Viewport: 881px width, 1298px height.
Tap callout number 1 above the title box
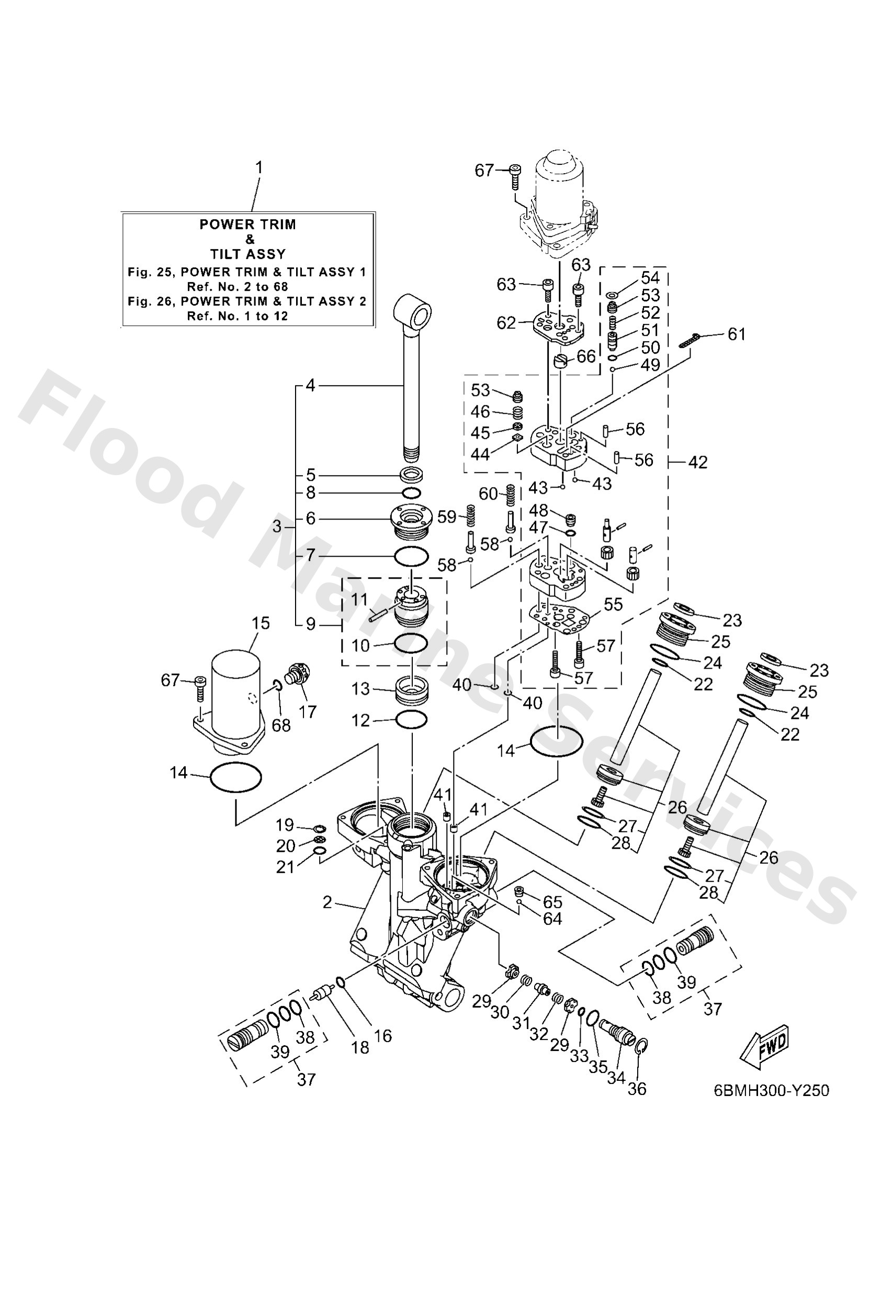(258, 167)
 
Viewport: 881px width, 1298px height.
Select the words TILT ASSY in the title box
(247, 254)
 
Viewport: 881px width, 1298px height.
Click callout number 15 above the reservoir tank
(261, 623)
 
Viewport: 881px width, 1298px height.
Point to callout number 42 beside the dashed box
(698, 462)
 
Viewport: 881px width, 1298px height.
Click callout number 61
(736, 334)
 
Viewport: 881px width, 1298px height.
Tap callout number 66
(586, 356)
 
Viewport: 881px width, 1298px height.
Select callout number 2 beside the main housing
(327, 902)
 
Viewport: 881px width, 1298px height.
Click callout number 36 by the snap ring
(637, 1088)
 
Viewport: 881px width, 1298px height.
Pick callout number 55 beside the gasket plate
(613, 604)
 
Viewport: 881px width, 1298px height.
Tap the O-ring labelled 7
(411, 557)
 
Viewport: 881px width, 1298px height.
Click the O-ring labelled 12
(412, 720)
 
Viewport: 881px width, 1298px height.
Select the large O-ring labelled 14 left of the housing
(235, 778)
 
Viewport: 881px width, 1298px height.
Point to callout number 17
(307, 711)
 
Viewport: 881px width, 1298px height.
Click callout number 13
(360, 688)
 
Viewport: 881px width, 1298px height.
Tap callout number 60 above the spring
(488, 494)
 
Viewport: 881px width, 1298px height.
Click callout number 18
(360, 1047)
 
